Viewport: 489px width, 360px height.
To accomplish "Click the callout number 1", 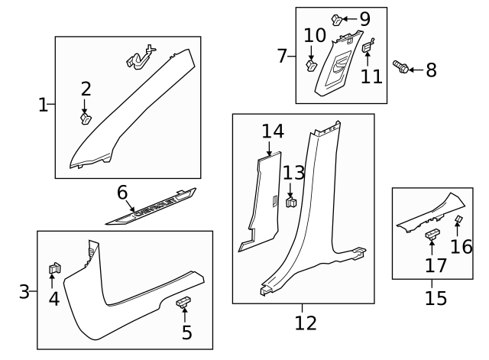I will [x=43, y=105].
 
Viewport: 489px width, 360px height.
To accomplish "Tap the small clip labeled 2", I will [x=86, y=118].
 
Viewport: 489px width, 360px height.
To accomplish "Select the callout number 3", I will [x=24, y=291].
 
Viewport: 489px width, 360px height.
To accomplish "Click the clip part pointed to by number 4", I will [x=54, y=268].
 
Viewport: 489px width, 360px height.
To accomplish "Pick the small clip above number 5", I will [x=185, y=303].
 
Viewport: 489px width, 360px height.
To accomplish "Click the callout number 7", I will [x=281, y=56].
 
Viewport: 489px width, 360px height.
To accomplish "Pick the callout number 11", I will [x=371, y=76].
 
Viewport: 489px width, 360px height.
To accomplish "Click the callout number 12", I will [x=305, y=323].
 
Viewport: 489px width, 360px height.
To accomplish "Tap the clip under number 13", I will [x=291, y=203].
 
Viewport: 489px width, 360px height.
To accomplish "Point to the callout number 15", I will [x=436, y=298].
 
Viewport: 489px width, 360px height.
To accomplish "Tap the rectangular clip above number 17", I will [x=432, y=233].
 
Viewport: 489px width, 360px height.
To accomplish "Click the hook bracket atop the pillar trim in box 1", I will [x=139, y=57].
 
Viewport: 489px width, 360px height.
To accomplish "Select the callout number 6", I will [x=121, y=192].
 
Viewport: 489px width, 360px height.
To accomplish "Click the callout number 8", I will [x=431, y=70].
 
